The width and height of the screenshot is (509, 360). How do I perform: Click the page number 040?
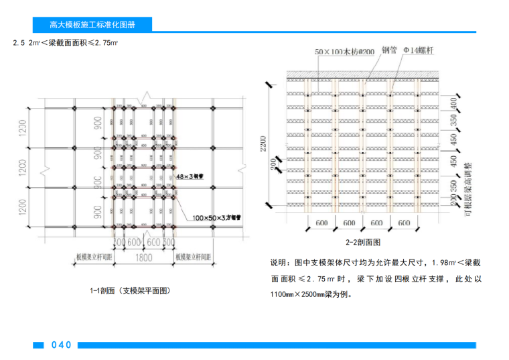point(61,345)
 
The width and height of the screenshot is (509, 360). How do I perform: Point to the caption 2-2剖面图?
point(363,242)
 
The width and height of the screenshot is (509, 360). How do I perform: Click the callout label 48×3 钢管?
point(189,176)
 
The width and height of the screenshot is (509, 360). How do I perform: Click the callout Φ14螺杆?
point(417,51)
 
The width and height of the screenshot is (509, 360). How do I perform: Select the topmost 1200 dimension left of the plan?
point(22,127)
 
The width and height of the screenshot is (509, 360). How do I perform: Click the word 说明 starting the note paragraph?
point(277,262)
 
